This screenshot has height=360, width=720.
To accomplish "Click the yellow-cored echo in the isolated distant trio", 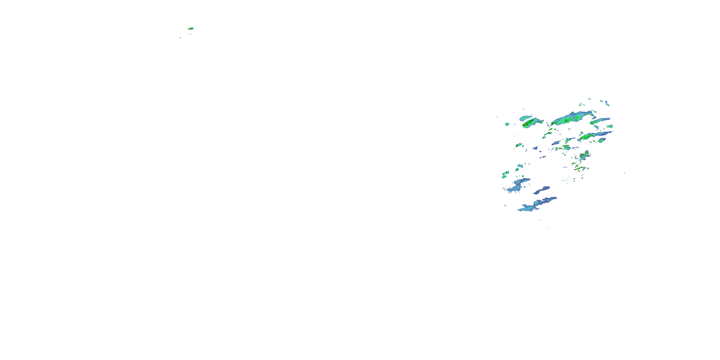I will (191, 29).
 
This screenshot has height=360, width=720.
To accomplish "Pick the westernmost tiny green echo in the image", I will (180, 37).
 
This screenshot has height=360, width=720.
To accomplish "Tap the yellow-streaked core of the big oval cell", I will (526, 123).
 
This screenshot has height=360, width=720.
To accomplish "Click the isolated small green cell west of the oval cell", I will (507, 124).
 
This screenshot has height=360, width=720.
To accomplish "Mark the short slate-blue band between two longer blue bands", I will (541, 190).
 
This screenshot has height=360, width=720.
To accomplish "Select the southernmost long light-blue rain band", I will (537, 205).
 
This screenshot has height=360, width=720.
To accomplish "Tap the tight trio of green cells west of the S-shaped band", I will (504, 175).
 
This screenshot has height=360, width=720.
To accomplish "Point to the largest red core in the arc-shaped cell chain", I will (581, 168).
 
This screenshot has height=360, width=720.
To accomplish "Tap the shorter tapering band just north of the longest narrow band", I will (600, 121).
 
